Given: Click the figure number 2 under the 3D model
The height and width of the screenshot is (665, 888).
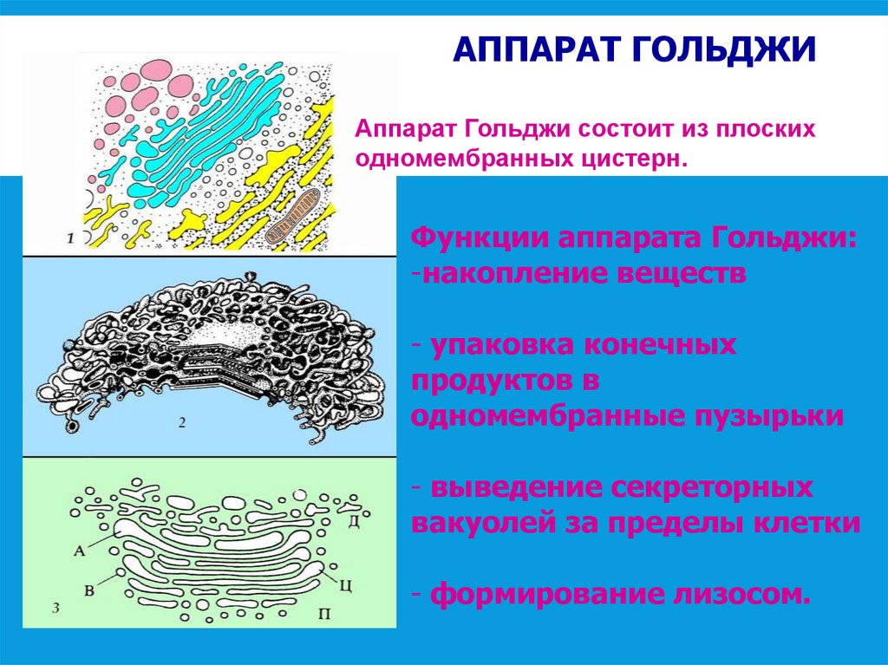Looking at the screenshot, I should point(183,423).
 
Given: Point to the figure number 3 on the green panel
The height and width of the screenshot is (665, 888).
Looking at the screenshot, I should point(55,609).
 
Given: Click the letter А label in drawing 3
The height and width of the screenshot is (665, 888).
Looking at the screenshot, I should point(80,550).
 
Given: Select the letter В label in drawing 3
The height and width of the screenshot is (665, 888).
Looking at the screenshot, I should point(89,590).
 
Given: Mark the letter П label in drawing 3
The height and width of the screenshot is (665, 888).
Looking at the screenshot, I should point(323,614).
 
